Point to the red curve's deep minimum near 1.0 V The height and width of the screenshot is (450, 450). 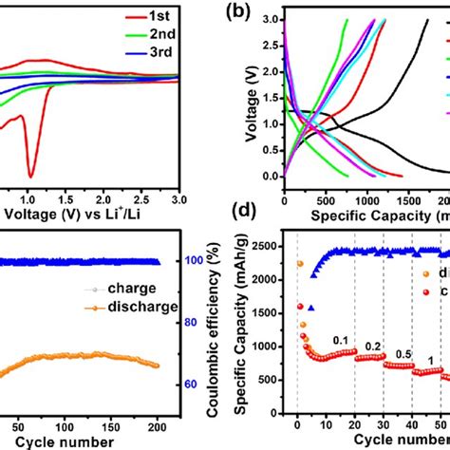(30, 175)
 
